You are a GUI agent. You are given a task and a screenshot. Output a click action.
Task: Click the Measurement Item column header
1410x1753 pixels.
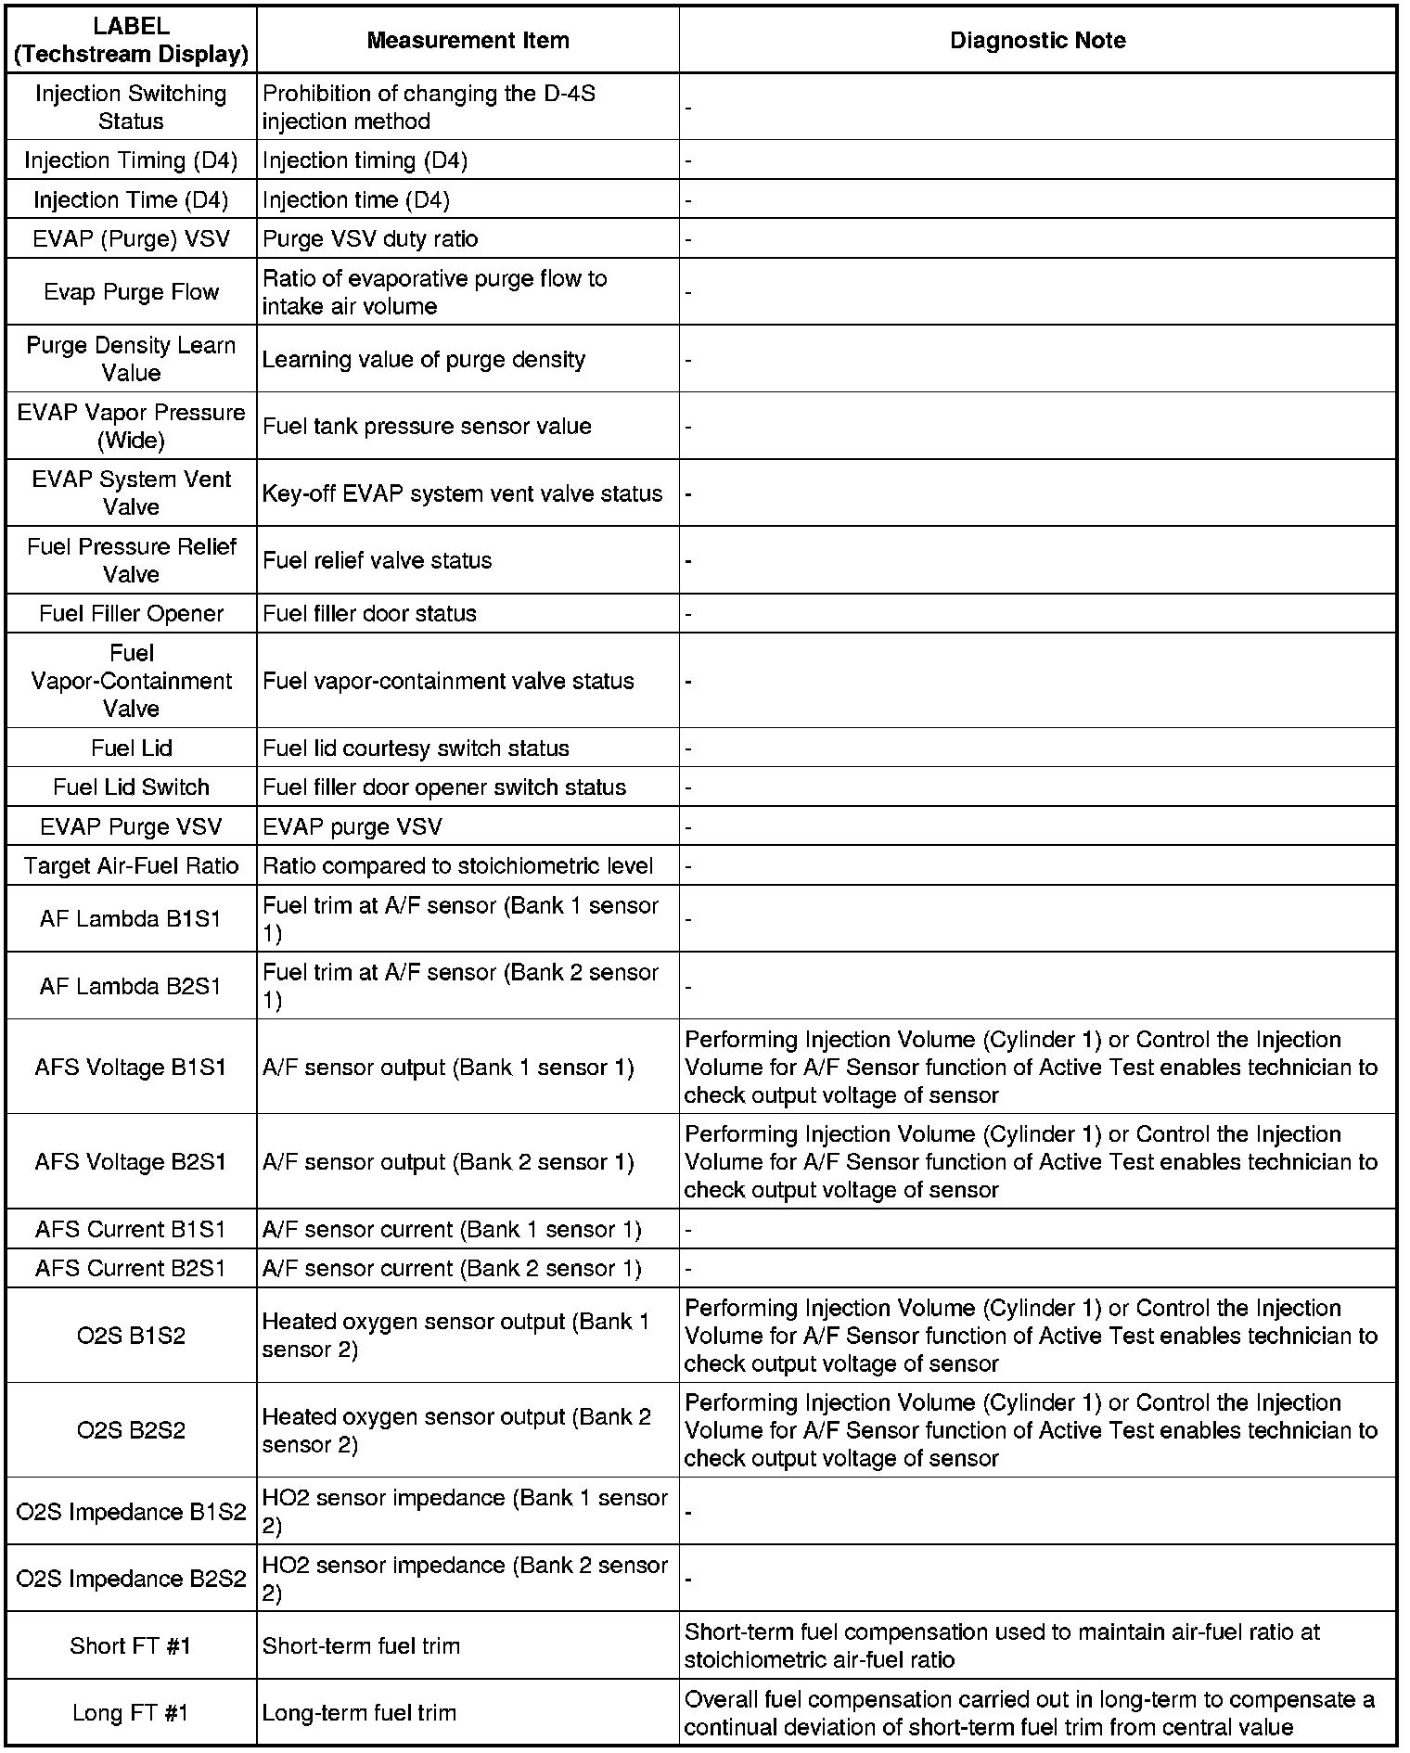pos(468,40)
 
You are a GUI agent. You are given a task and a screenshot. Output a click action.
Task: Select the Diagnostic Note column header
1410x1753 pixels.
pos(1037,40)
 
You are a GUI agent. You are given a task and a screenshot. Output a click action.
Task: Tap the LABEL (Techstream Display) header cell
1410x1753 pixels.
pos(132,40)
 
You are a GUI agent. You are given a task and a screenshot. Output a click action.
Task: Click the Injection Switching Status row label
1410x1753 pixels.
pos(132,107)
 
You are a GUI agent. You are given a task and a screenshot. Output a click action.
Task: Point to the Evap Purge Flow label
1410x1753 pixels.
pos(132,292)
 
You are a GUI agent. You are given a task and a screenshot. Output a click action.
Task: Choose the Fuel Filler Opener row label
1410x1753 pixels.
pos(132,613)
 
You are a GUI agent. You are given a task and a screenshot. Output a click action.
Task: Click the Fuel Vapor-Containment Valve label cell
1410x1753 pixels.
pos(132,681)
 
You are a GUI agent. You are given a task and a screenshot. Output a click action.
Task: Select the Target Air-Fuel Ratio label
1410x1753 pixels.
pos(132,865)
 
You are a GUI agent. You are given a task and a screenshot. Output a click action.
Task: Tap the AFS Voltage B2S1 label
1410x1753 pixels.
pos(132,1161)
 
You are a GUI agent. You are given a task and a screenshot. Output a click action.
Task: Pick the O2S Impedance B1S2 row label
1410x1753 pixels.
pos(132,1512)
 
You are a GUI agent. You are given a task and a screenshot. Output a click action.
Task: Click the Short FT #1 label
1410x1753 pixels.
pos(132,1645)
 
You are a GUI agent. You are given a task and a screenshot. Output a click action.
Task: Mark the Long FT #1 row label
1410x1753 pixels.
pos(132,1712)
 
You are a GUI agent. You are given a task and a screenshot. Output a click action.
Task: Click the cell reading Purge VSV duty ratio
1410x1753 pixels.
pos(370,238)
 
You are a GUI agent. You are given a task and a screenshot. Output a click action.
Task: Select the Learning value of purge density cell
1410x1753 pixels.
pos(424,359)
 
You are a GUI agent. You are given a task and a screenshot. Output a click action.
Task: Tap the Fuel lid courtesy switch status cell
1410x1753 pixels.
pos(416,748)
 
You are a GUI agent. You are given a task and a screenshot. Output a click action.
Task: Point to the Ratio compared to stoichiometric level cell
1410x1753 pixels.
pos(458,865)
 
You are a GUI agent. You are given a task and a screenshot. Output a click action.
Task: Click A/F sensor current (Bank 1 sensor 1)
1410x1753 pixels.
pos(452,1229)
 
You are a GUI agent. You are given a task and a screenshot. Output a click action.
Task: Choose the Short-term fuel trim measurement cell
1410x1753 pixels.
pos(361,1645)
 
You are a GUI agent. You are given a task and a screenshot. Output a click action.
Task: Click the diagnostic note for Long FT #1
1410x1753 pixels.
pos(1030,1712)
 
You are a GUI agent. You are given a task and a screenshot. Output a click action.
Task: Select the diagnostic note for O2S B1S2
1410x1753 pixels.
pos(1030,1336)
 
